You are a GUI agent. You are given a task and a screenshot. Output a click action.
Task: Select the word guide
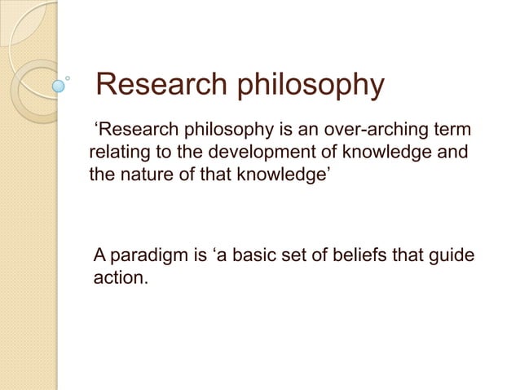tap(450, 259)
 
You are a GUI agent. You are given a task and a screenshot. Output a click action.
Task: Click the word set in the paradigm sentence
tap(280, 258)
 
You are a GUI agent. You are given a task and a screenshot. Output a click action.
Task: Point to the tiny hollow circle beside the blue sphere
tap(69, 79)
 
